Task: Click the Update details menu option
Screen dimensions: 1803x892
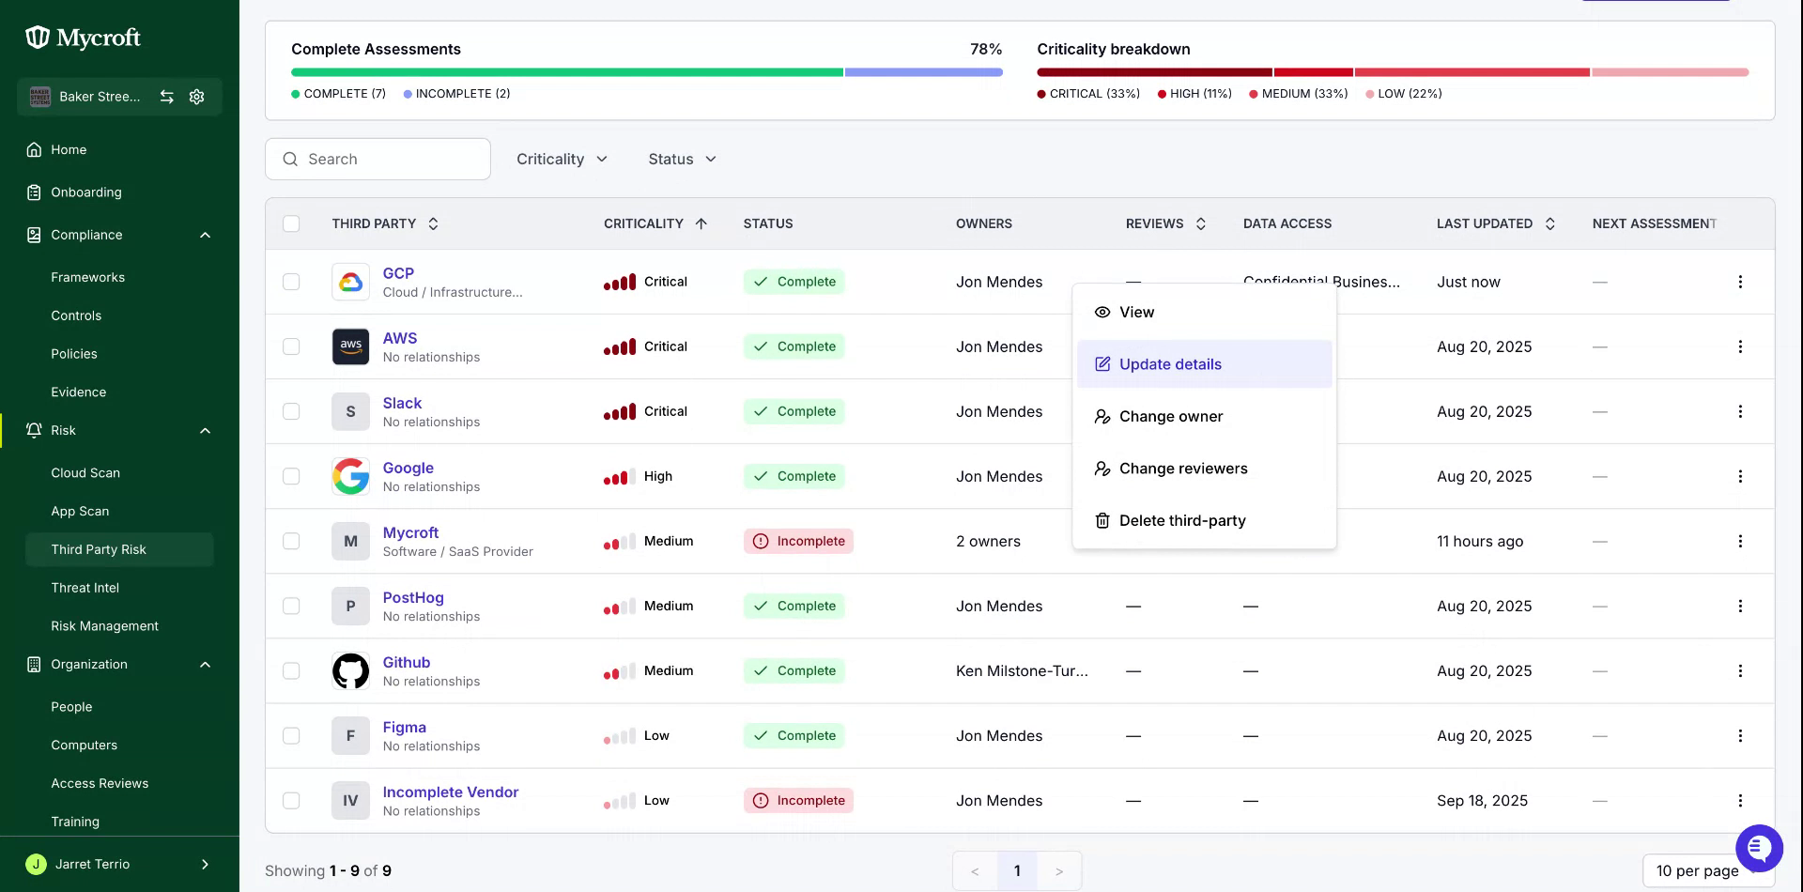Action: click(x=1204, y=364)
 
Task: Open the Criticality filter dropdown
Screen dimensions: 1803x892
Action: click(x=562, y=160)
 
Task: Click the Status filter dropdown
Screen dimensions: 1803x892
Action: click(x=682, y=160)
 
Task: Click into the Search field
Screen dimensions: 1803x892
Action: click(x=378, y=160)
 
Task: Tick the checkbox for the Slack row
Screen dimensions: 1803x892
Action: click(x=291, y=411)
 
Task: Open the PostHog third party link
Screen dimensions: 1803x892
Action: click(x=413, y=597)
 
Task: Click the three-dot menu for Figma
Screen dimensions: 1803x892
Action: click(x=1740, y=736)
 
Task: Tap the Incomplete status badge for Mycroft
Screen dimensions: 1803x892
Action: click(x=798, y=541)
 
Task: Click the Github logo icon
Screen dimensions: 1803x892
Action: click(x=350, y=671)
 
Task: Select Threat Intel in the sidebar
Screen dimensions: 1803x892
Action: click(x=85, y=588)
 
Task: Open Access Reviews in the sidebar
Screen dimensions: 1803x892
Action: click(x=100, y=783)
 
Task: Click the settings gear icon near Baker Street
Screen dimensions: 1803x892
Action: click(x=196, y=97)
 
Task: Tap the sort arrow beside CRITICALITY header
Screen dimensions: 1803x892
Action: click(x=701, y=223)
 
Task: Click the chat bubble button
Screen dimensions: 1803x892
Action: click(x=1759, y=848)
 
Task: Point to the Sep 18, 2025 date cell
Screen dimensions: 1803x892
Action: click(x=1482, y=801)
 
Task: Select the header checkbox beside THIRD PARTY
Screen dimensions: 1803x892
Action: click(x=291, y=223)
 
